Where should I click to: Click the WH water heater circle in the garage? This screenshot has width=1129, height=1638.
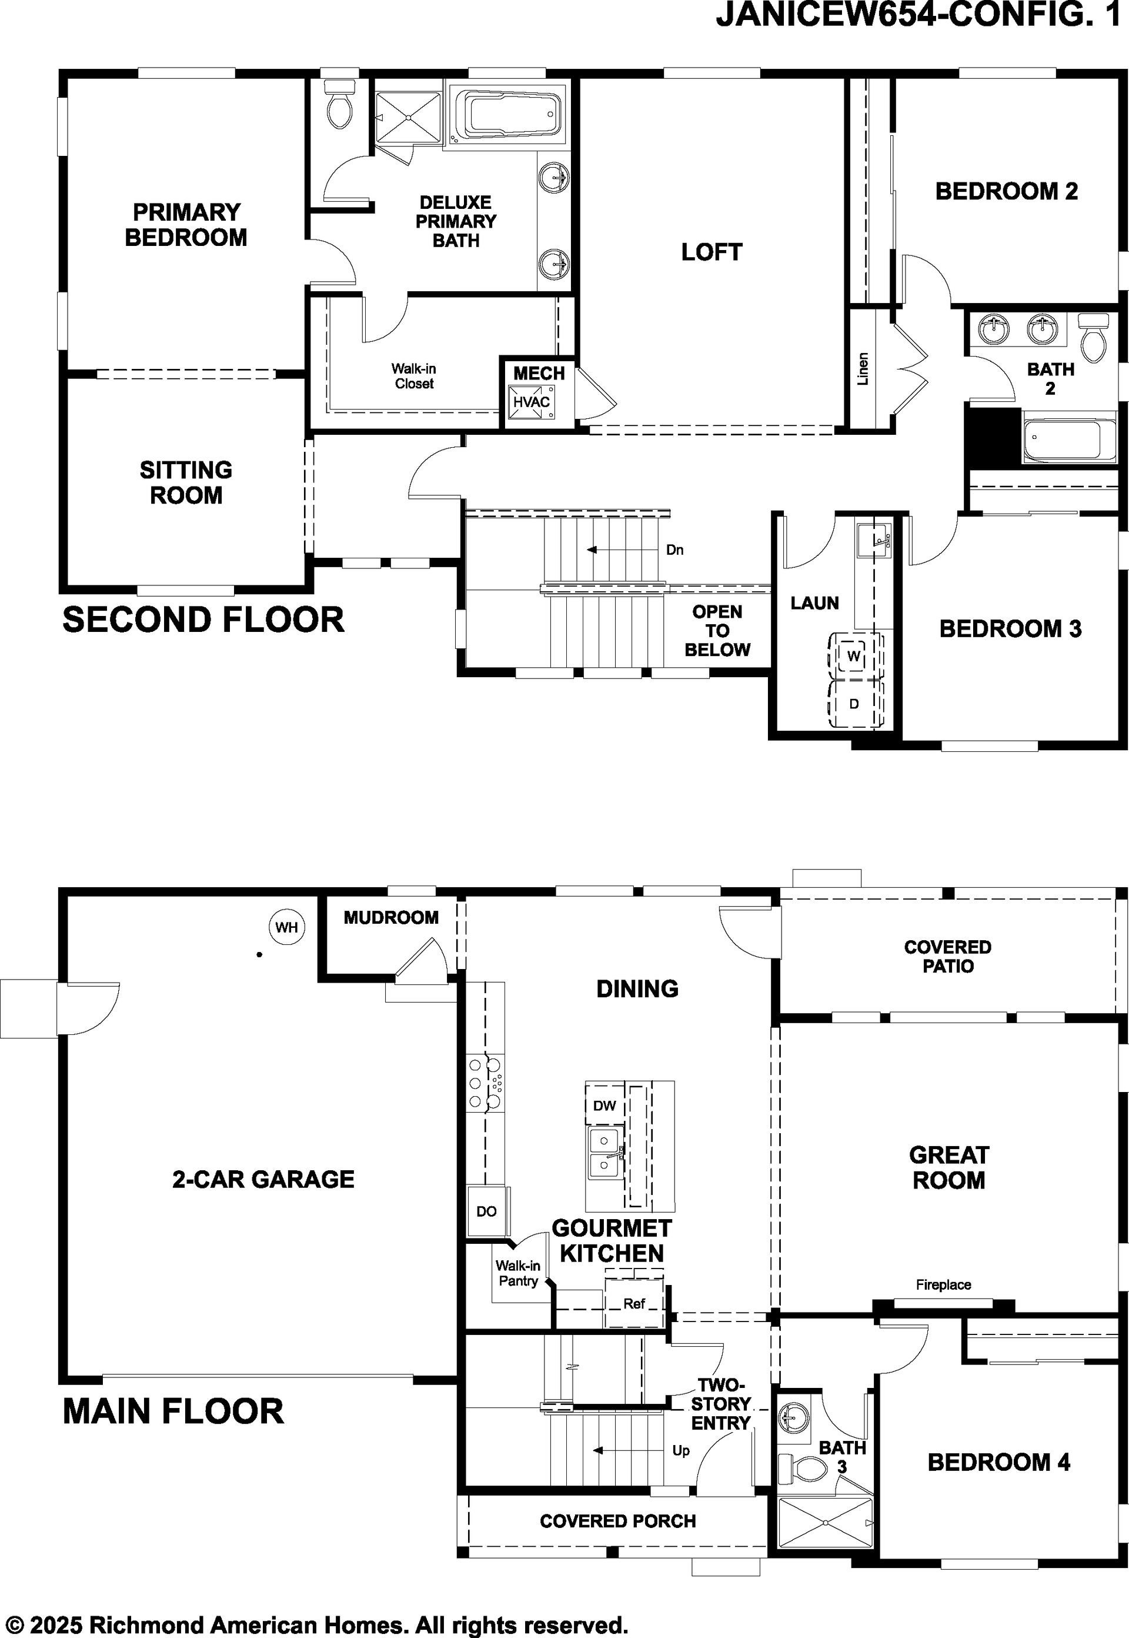coord(286,927)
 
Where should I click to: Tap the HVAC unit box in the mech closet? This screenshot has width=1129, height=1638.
coord(530,402)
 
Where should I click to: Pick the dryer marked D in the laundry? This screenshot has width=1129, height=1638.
coord(854,704)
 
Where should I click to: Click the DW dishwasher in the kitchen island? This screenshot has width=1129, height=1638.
coord(605,1105)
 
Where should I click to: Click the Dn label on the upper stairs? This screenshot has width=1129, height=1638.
coord(675,550)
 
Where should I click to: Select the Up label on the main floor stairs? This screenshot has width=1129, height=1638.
coord(680,1451)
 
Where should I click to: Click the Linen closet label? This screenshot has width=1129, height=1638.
coord(862,369)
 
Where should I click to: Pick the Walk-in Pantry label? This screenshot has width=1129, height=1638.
coord(518,1273)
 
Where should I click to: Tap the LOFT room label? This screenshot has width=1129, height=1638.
coord(712,252)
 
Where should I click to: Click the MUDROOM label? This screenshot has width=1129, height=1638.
coord(391,917)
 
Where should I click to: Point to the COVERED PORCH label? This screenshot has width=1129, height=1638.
coord(617,1521)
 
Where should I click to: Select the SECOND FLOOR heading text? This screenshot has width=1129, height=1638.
coord(203,620)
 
